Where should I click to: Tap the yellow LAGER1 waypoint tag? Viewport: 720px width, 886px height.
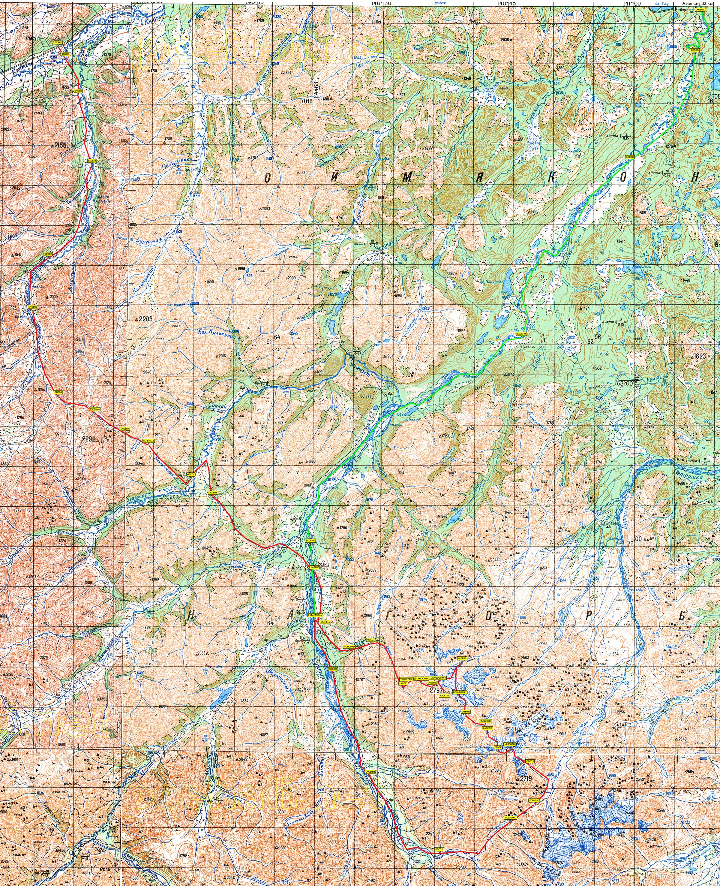click(x=92, y=161)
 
